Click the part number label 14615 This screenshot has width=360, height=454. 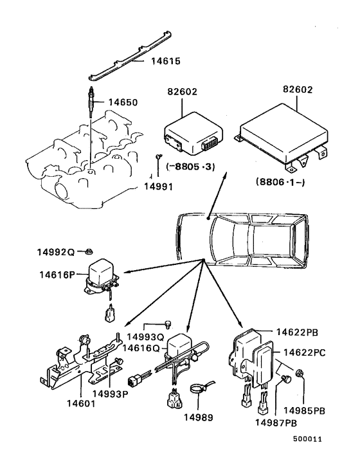[166, 62]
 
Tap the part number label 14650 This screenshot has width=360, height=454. [123, 102]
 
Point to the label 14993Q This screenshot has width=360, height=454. [147, 336]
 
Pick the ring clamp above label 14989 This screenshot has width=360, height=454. [201, 388]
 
